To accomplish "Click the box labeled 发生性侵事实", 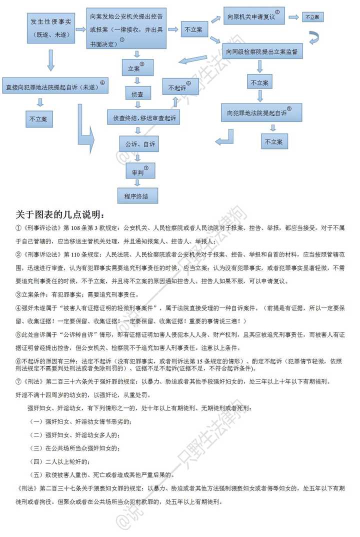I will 51,28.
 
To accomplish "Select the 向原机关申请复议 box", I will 253,16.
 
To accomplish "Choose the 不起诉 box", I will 178,86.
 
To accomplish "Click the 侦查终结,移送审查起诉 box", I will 143,117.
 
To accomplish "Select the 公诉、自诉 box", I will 137,144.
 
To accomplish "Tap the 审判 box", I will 137,171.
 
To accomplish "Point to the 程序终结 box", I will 136,195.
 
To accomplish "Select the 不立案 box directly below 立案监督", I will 259,82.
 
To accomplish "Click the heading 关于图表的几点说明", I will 60,215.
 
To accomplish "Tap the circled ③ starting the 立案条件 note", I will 19,294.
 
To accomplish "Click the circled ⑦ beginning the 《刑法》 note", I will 19,382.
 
